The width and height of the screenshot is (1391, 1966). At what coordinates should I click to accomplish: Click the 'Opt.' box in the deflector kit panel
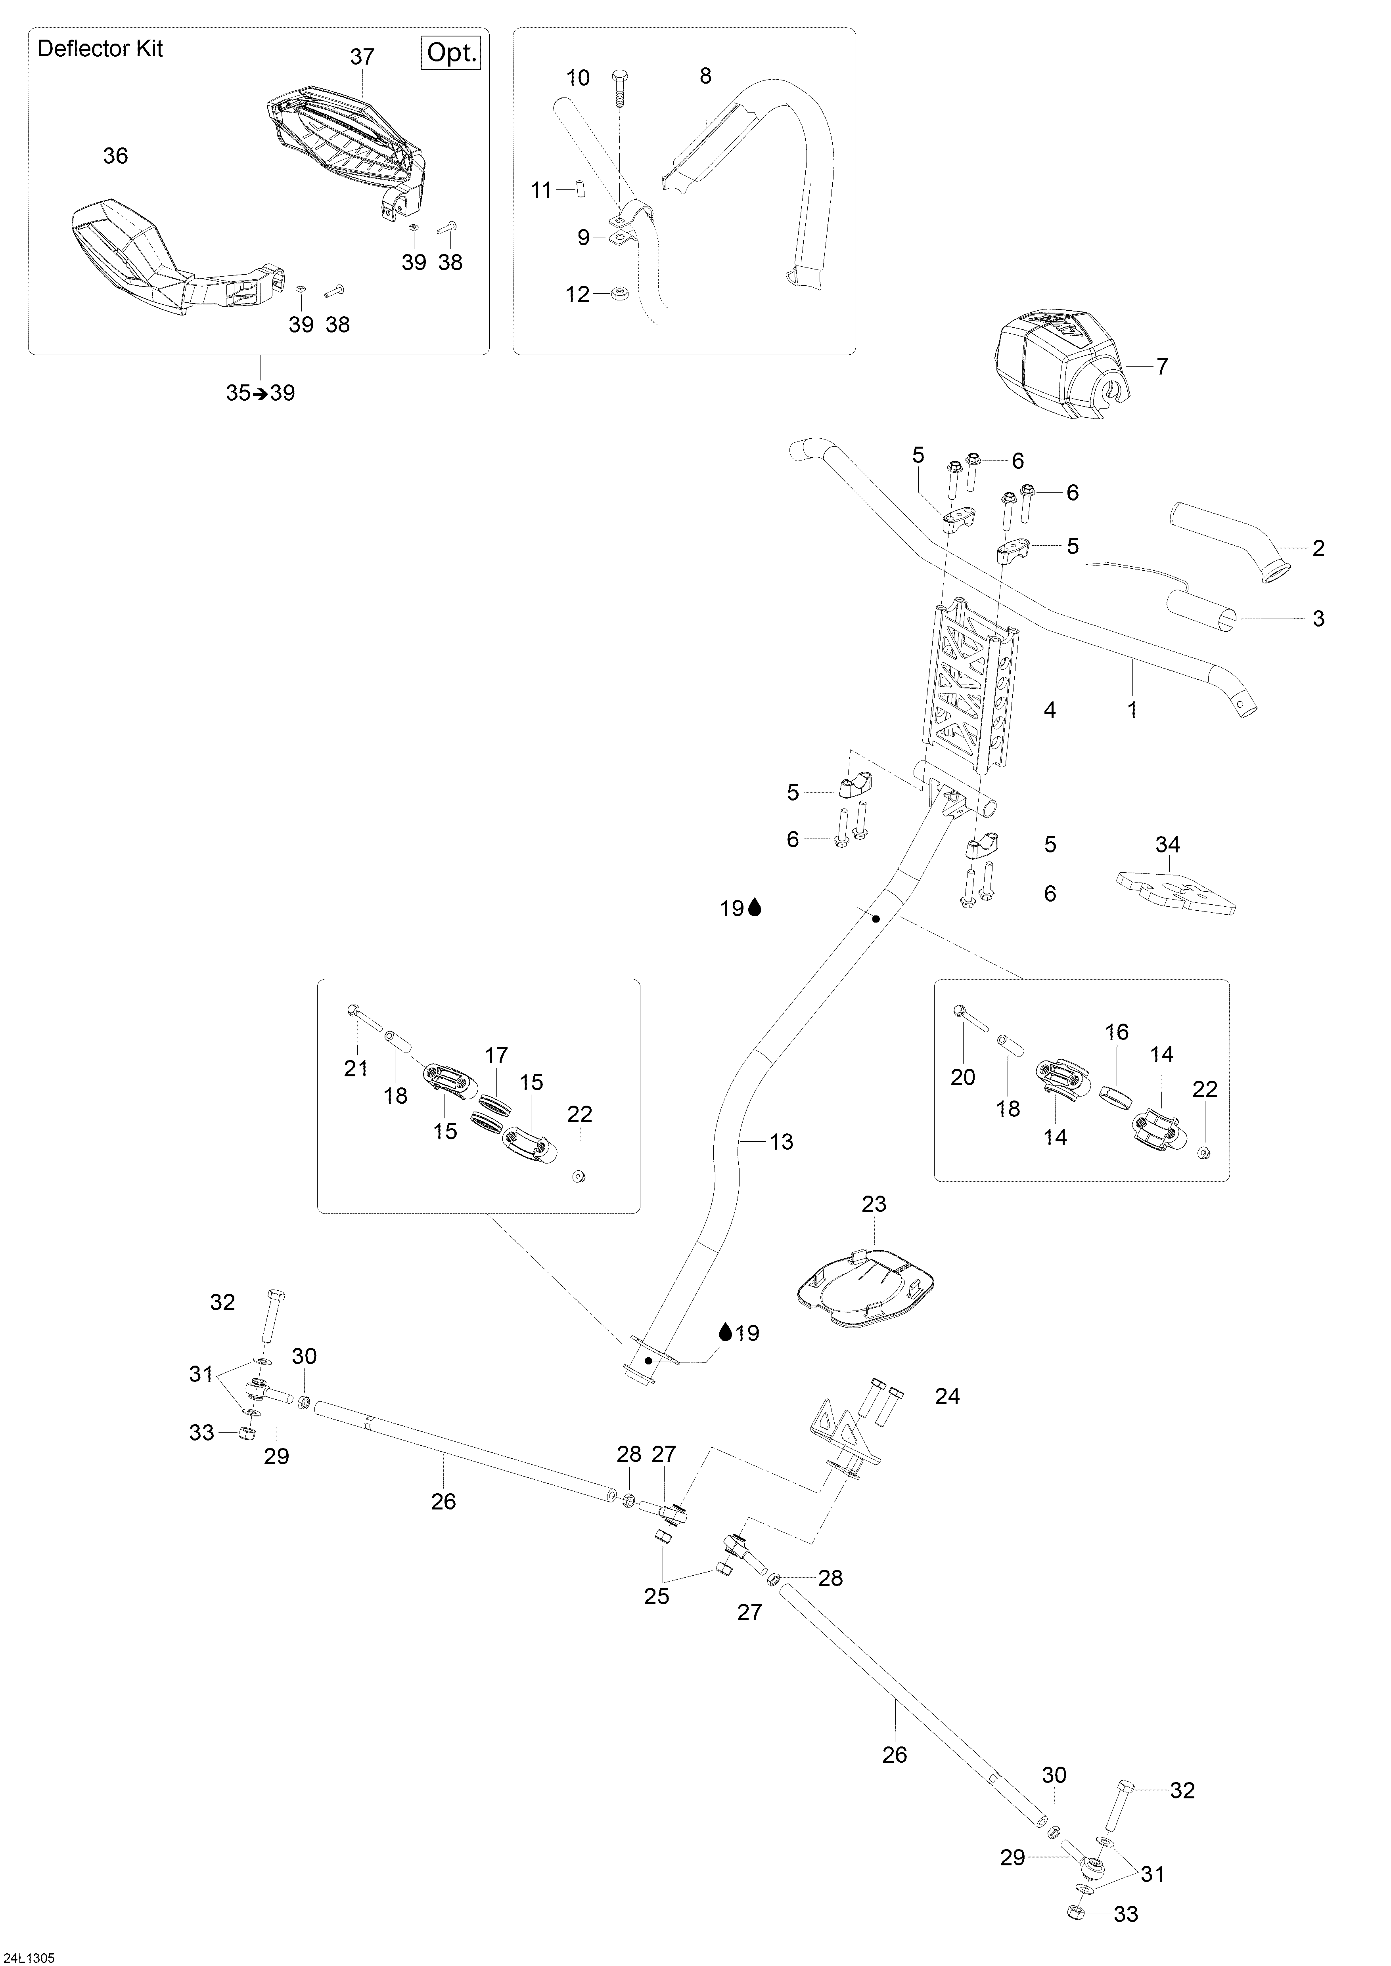coord(451,53)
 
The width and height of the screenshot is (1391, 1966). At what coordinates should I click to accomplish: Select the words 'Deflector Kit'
coord(100,49)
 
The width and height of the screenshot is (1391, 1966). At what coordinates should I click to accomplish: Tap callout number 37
coord(362,57)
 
